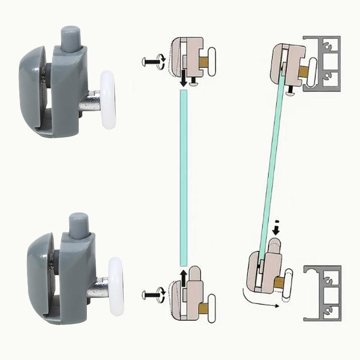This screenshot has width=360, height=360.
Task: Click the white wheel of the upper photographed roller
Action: [108, 100]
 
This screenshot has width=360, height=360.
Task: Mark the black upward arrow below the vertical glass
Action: [183, 277]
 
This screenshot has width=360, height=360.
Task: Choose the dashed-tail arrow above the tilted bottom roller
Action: [276, 228]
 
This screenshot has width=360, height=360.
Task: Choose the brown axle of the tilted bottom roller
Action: [279, 283]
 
